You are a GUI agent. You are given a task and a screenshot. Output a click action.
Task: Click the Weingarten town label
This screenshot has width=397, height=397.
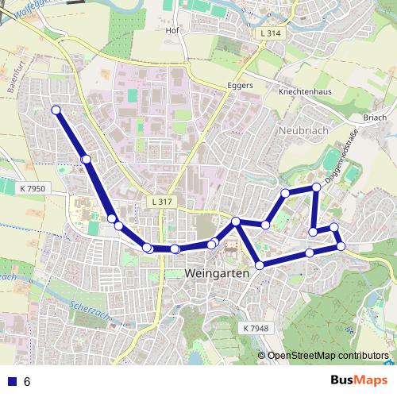pyautogui.click(x=217, y=273)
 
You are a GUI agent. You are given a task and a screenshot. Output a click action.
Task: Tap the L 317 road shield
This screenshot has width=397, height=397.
pyautogui.click(x=160, y=202)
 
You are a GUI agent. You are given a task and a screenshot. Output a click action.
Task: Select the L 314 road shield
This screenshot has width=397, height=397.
pyautogui.click(x=271, y=34)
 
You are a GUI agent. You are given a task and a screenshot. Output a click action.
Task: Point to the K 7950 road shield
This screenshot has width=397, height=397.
pyautogui.click(x=32, y=189)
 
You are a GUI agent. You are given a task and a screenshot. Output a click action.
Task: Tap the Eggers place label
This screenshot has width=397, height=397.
pyautogui.click(x=239, y=84)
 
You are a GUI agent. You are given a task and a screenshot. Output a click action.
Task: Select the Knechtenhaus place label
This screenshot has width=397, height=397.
pyautogui.click(x=304, y=92)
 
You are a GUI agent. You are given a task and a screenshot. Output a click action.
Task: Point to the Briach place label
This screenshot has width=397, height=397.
pyautogui.click(x=373, y=118)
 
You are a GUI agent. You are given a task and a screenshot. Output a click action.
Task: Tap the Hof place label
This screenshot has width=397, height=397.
pyautogui.click(x=172, y=31)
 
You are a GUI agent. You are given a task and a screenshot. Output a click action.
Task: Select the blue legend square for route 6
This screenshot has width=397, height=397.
pyautogui.click(x=11, y=381)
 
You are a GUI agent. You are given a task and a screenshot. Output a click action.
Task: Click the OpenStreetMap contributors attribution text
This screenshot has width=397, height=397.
pyautogui.click(x=327, y=355)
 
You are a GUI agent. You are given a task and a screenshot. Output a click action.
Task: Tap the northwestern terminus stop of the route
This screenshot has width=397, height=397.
pyautogui.click(x=56, y=110)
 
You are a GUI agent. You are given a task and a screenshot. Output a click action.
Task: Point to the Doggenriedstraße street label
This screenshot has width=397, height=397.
pyautogui.click(x=344, y=158)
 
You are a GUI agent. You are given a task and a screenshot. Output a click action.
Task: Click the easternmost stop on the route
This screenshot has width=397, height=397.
pyautogui.click(x=341, y=246)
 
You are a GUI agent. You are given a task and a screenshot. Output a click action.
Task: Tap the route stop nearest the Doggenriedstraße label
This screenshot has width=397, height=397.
pyautogui.click(x=316, y=187)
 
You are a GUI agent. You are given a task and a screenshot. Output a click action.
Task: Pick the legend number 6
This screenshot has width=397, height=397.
pyautogui.click(x=28, y=381)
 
